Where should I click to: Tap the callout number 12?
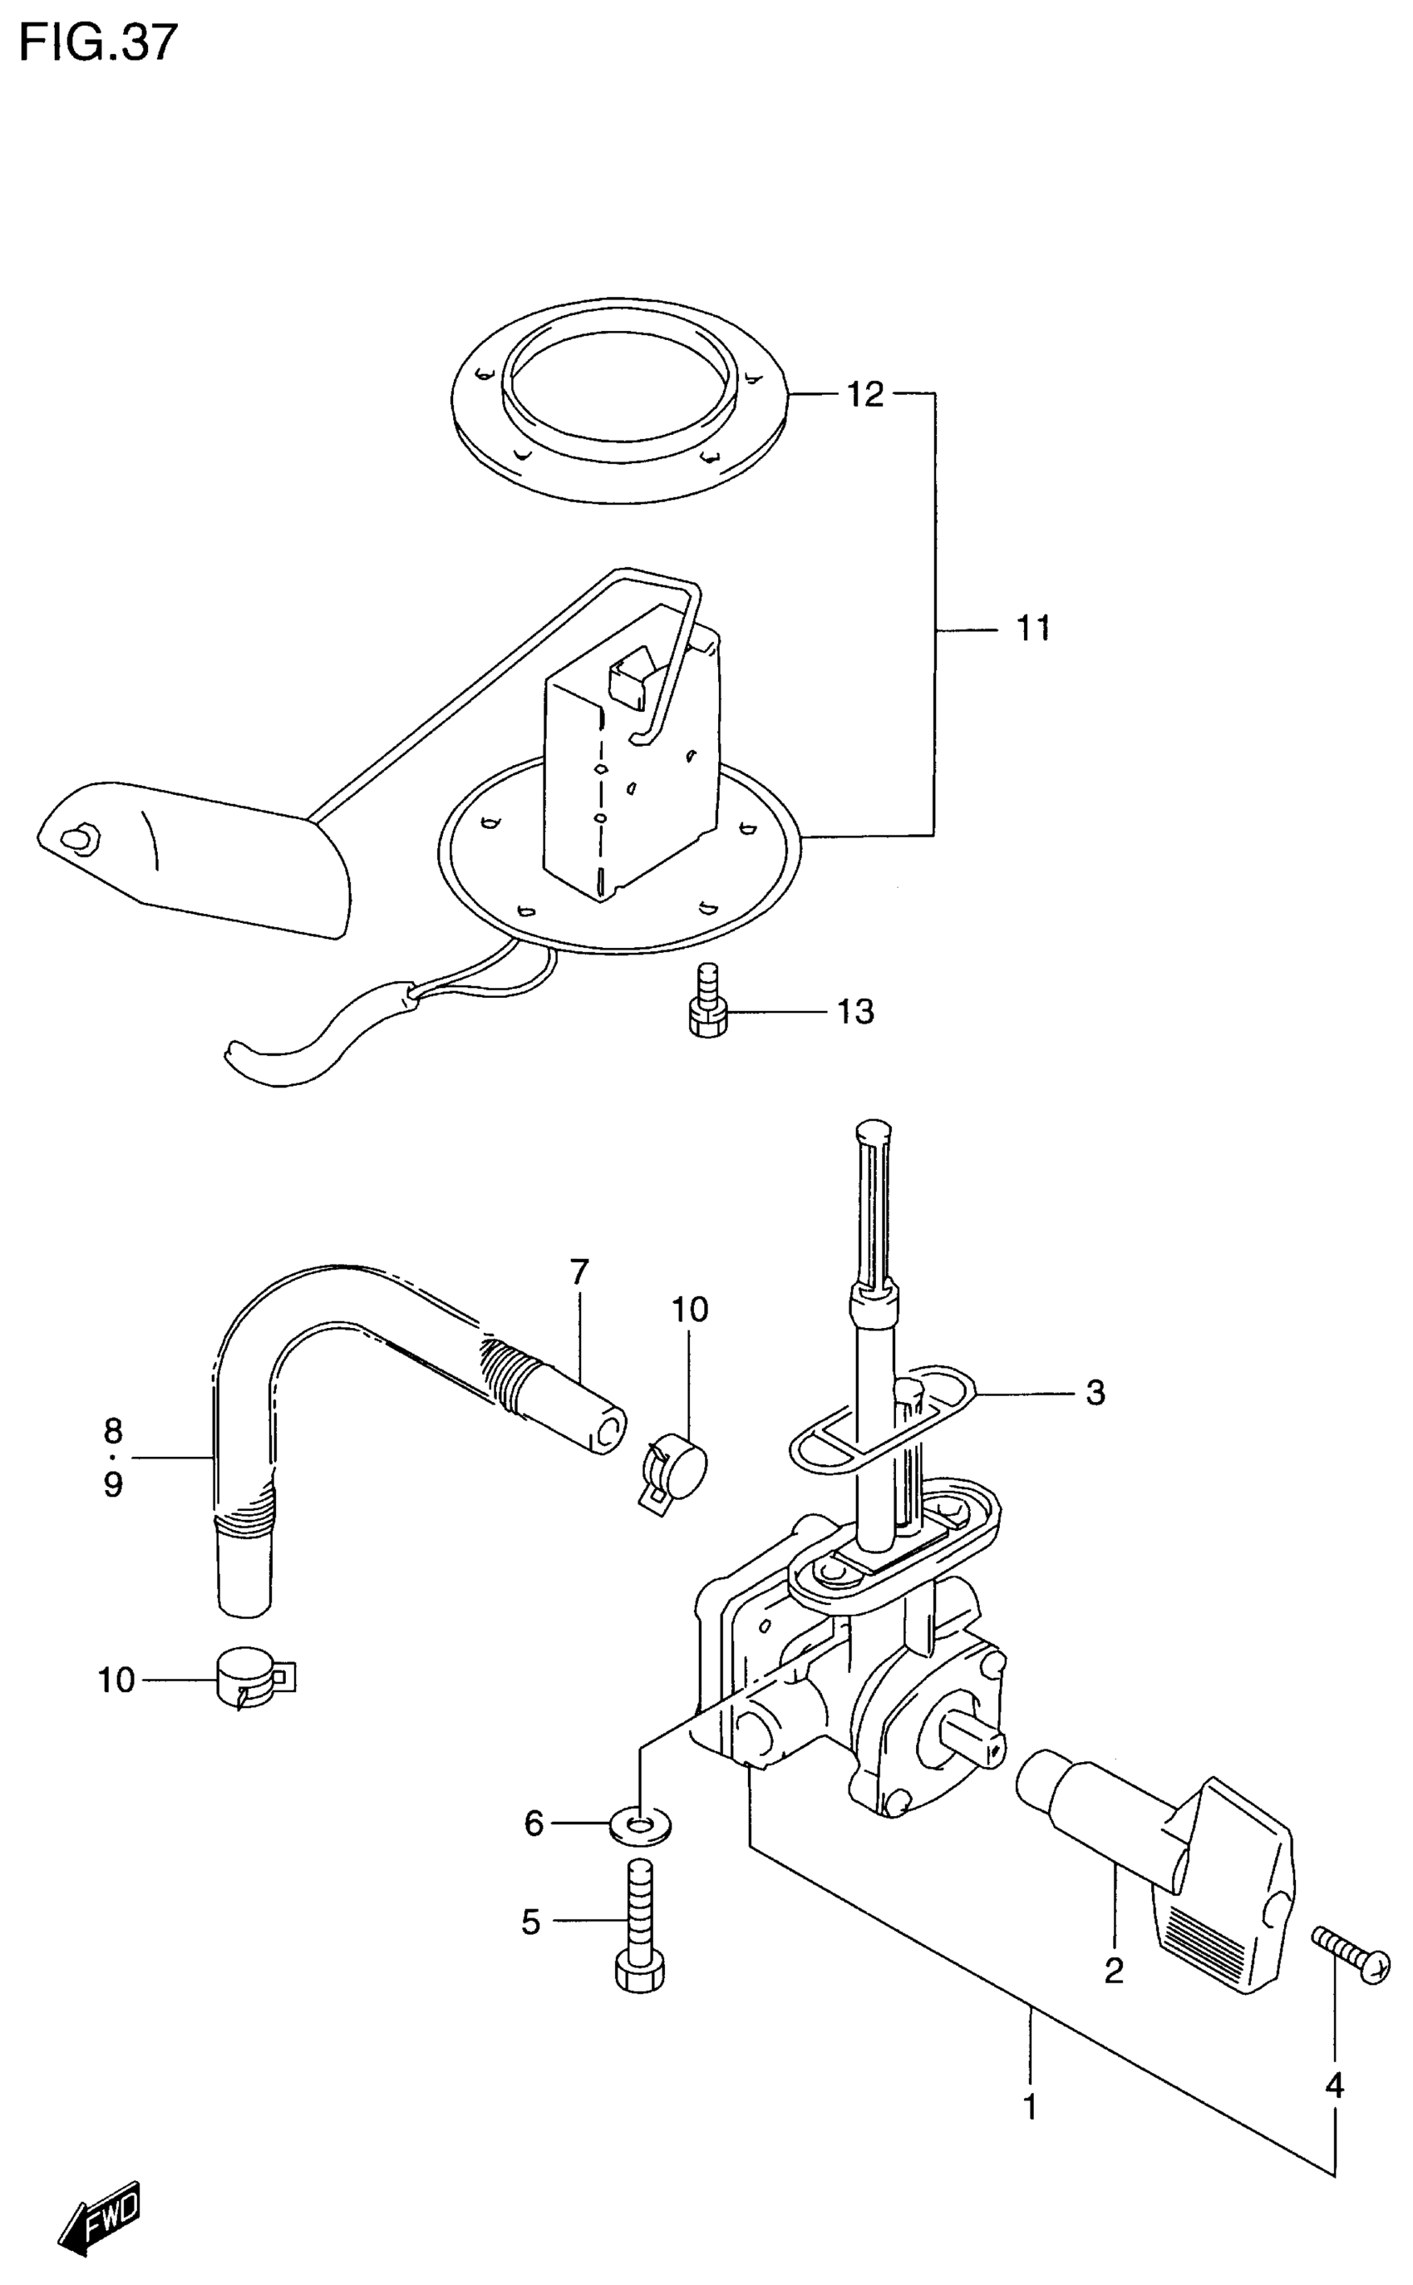point(864,394)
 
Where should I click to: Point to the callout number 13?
point(854,1012)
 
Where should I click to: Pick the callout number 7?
point(578,1272)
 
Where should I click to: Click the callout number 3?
point(1095,1393)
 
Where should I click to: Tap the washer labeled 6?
point(640,1824)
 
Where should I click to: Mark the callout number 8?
point(112,1430)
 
